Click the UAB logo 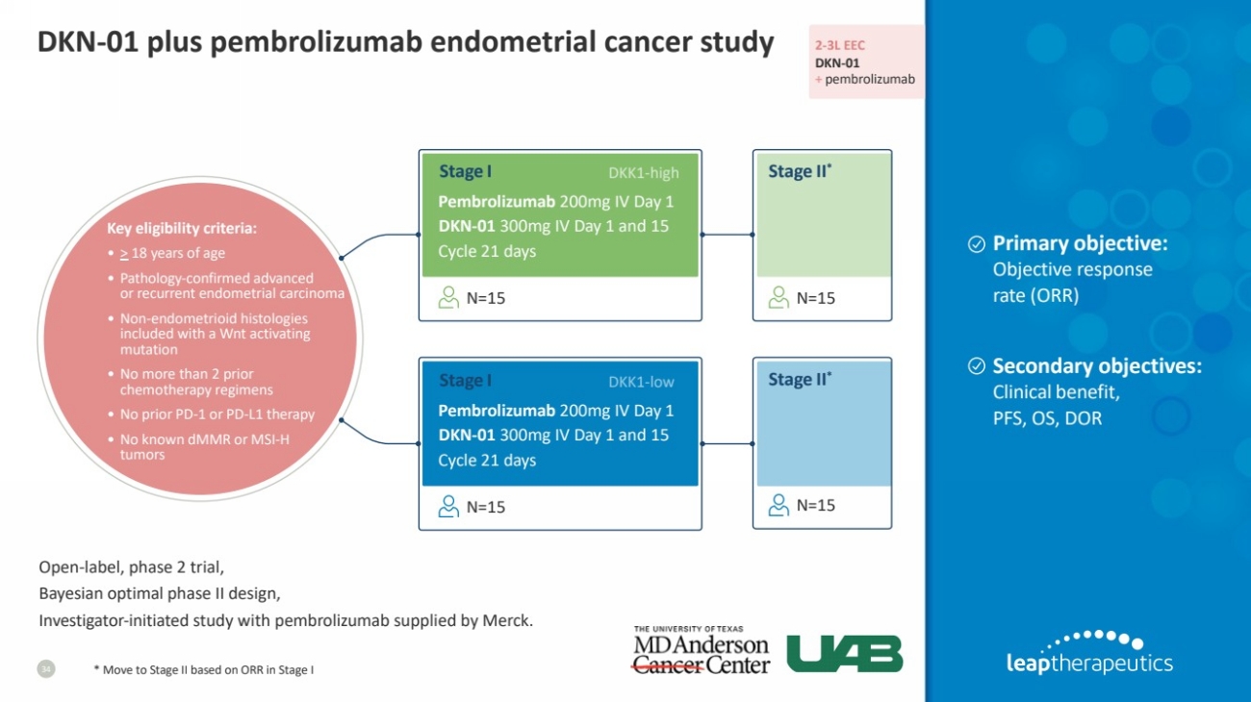[x=845, y=654]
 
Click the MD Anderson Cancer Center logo [x=702, y=650]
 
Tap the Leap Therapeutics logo [x=1089, y=652]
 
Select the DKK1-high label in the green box [x=644, y=173]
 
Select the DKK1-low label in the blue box [x=641, y=382]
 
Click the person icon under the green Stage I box [x=448, y=297]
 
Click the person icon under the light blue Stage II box [x=779, y=505]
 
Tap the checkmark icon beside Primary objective [x=976, y=244]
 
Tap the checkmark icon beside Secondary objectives [x=976, y=366]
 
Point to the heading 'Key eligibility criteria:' [x=182, y=228]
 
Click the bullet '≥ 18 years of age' [x=172, y=253]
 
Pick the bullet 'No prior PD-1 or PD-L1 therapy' [x=212, y=414]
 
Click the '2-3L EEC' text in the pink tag [x=840, y=45]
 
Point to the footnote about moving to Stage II [x=204, y=669]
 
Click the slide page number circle [x=46, y=668]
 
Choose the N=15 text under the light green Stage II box [x=815, y=298]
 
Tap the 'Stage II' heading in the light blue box [x=800, y=380]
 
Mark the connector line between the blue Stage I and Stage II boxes [x=728, y=443]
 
